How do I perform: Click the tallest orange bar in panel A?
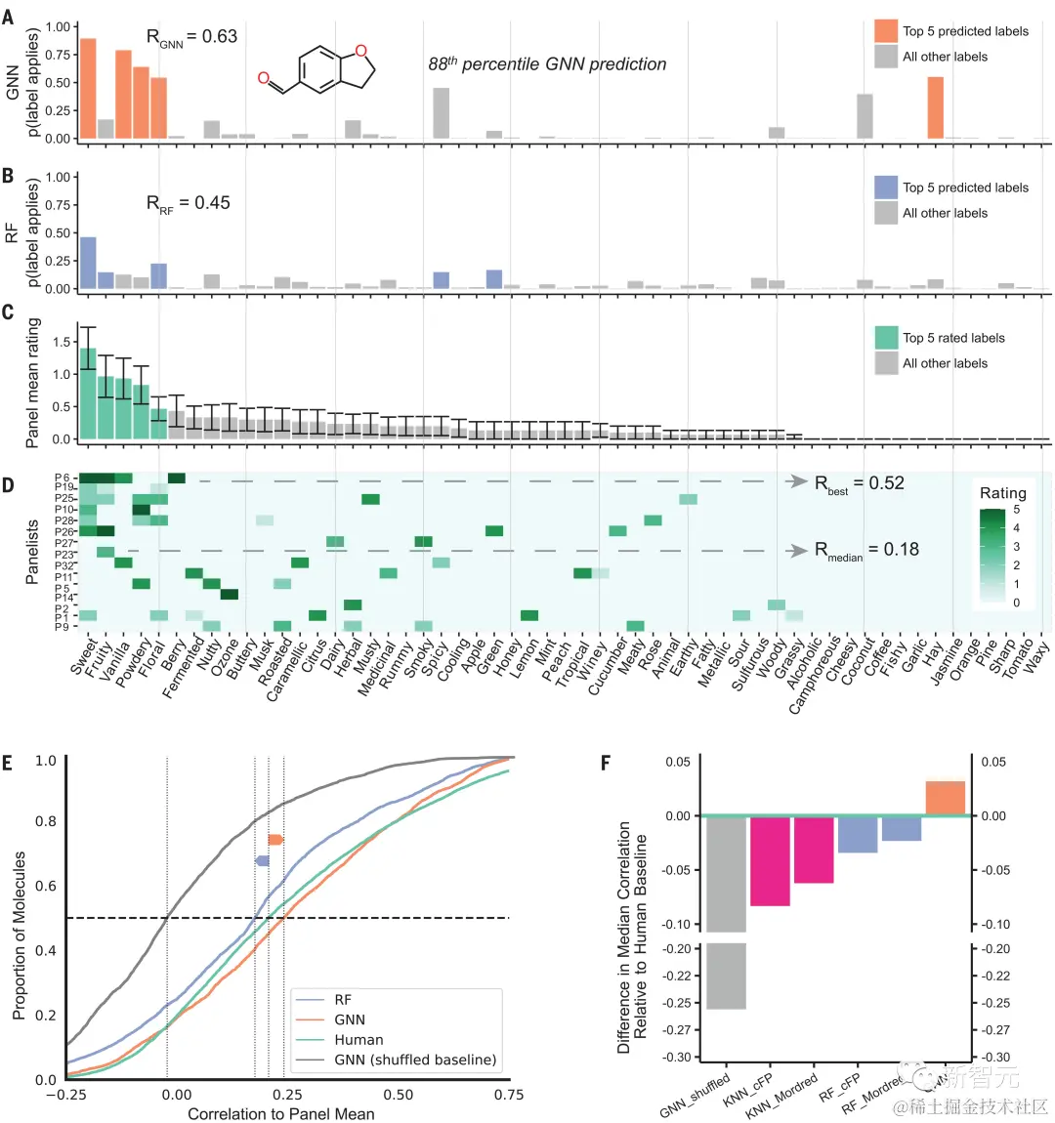(x=88, y=89)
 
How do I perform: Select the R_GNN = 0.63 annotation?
(x=191, y=37)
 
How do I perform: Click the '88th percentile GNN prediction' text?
(x=547, y=64)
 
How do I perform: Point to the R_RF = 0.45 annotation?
(x=189, y=203)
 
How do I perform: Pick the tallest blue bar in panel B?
(x=88, y=263)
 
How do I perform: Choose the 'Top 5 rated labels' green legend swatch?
(x=886, y=338)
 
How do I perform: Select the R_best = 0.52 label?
(x=860, y=483)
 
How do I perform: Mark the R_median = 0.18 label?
(x=866, y=550)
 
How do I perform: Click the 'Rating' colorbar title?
(x=1002, y=493)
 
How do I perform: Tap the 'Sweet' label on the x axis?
(x=84, y=656)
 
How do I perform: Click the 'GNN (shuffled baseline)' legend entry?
(x=415, y=1060)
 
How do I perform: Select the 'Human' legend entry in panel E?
(x=359, y=1040)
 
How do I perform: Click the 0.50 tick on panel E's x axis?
(x=399, y=1095)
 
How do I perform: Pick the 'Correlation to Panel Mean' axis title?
(x=281, y=1114)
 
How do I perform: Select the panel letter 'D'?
(x=9, y=485)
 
